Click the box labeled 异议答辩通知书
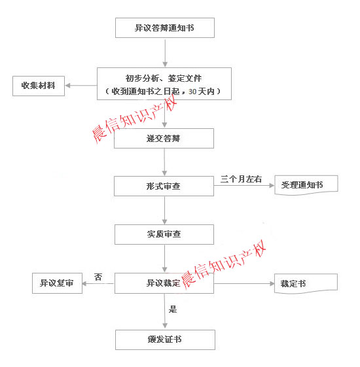tap(165, 27)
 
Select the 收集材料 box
tap(39, 86)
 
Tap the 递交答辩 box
tap(164, 138)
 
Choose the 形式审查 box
tap(164, 186)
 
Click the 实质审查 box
tap(164, 234)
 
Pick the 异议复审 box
tap(57, 283)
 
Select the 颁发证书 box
tap(165, 340)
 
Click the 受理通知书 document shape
tap(306, 185)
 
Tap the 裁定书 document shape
tap(306, 283)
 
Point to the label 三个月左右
tap(241, 179)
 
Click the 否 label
tap(98, 277)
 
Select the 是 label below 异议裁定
tap(173, 309)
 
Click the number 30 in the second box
tap(192, 92)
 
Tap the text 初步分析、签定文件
tap(164, 79)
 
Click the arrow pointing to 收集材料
tap(81, 86)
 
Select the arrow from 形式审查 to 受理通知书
tap(244, 186)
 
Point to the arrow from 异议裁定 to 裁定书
tap(244, 284)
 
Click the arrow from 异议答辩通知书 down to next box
tap(165, 53)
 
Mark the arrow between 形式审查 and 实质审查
tap(165, 211)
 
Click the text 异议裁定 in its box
tap(163, 283)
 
